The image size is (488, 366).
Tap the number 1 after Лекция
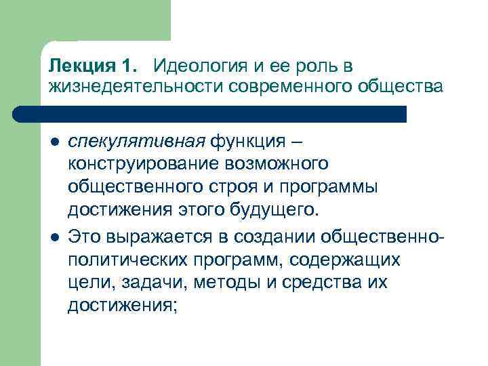[129, 67]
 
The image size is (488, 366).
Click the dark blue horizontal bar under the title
[224, 113]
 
